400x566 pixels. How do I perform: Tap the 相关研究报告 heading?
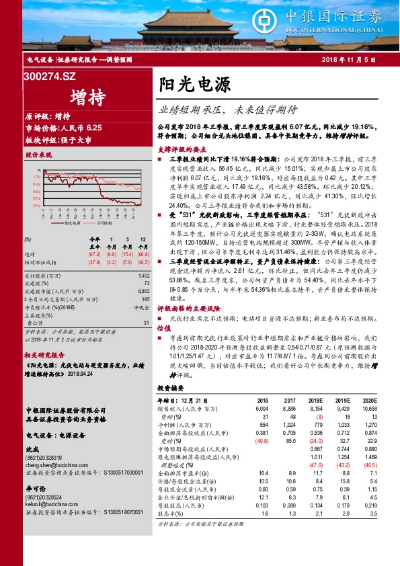coord(44,354)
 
